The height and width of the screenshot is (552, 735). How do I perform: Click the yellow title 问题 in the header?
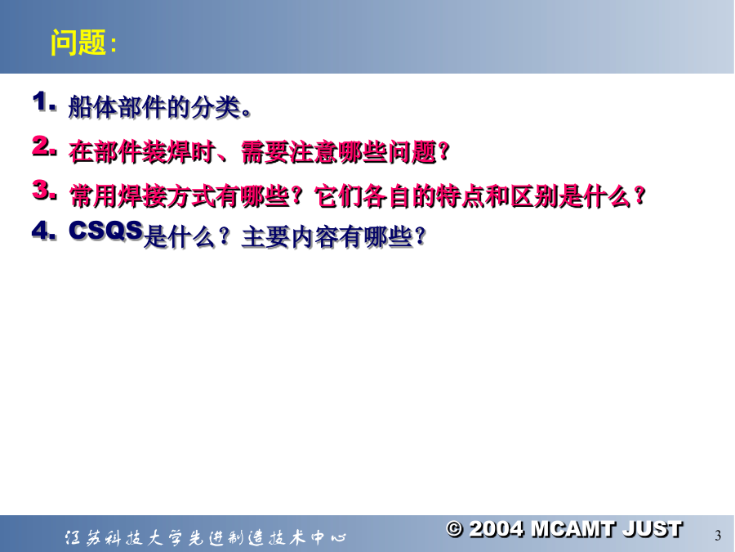78,43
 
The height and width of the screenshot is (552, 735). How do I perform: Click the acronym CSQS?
106,231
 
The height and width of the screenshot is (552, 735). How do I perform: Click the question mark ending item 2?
443,151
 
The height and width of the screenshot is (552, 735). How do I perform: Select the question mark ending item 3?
639,195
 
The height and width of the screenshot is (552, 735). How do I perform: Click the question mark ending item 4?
420,236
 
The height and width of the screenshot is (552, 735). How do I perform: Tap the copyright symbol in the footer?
454,529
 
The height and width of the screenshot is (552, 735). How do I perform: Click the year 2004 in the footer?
497,529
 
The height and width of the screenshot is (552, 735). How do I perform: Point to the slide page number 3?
718,536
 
